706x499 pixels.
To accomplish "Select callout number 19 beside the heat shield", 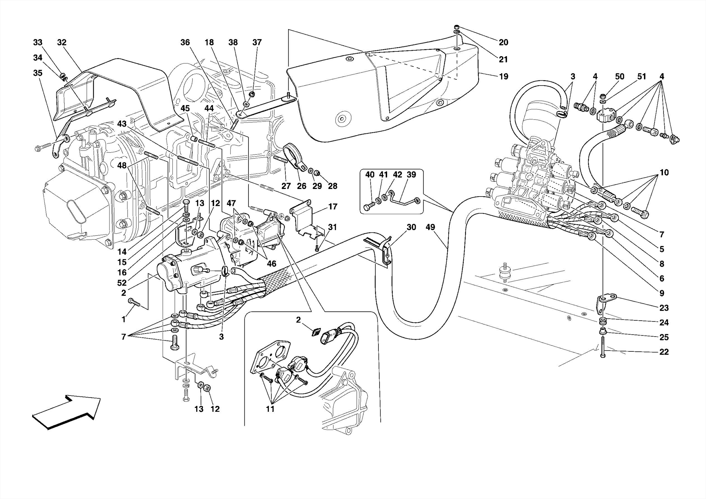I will coord(504,77).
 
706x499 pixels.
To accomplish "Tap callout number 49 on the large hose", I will coord(430,227).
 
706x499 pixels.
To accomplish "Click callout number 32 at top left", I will coord(62,42).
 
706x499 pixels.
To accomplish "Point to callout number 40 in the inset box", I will coord(370,175).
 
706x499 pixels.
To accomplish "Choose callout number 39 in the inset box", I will coord(411,175).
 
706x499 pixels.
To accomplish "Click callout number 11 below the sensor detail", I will coord(270,409).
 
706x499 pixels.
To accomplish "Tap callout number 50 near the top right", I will coord(619,77).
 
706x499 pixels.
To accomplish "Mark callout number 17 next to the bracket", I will coord(333,207).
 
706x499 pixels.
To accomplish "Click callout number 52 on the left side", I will coord(122,283).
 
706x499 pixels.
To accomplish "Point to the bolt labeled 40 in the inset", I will coord(367,208).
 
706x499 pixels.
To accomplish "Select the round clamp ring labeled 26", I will coord(294,157).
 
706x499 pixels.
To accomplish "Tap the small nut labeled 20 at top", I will coord(456,27).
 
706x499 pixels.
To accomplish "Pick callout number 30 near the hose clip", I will coord(411,227).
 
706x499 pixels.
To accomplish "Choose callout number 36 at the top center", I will coord(185,42).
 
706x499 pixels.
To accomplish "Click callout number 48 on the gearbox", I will coord(122,166).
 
